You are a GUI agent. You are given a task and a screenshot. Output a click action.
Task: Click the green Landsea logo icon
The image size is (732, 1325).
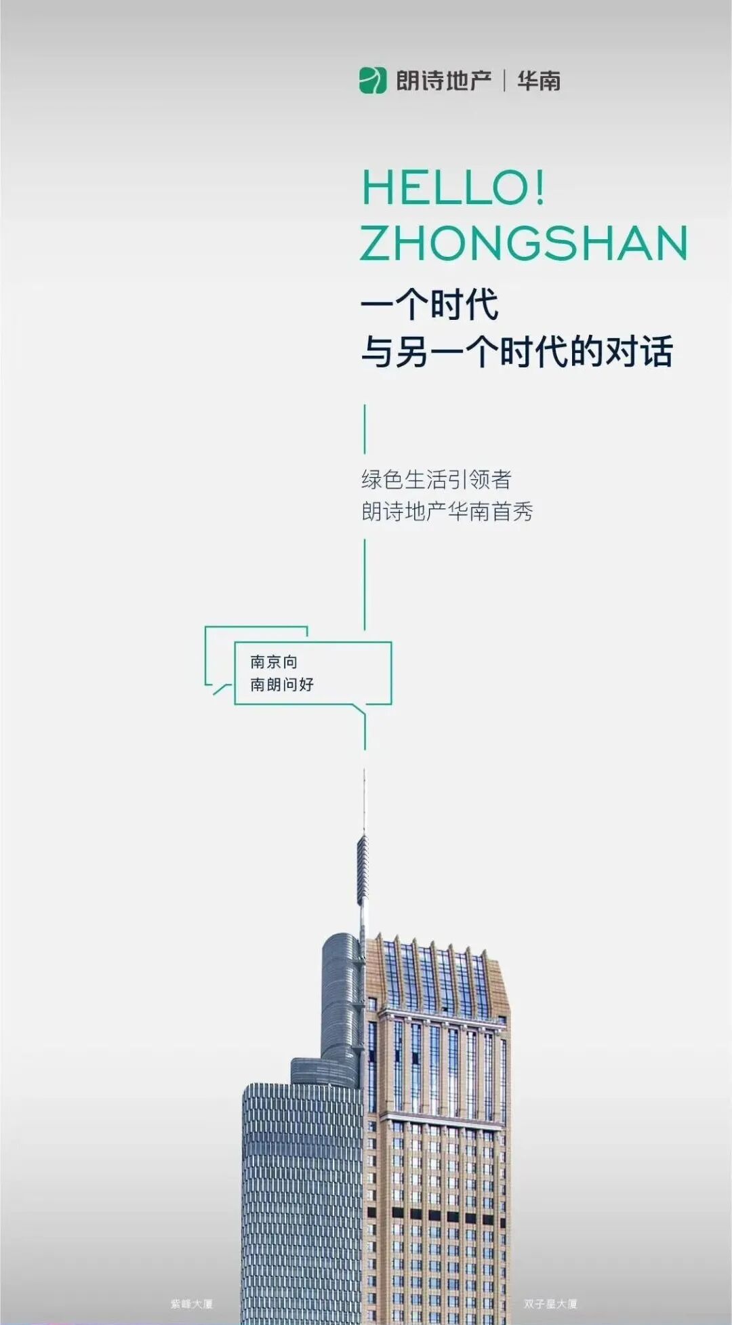coord(372,81)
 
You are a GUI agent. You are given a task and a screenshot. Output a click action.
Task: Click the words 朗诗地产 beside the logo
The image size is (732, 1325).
coord(444,81)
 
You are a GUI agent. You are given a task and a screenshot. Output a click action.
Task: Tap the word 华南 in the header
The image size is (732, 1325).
coord(539,81)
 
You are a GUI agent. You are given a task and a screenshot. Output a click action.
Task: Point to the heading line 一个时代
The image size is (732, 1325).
coord(430,304)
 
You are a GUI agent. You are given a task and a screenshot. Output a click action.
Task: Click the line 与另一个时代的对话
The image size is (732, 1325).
coord(516,351)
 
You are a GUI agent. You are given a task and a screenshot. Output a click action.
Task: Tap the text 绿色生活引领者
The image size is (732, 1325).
coord(436,480)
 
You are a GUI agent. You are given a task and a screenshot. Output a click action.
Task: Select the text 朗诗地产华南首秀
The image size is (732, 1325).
coord(447,511)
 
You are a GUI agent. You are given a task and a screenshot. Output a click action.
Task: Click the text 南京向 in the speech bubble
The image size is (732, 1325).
coord(274,661)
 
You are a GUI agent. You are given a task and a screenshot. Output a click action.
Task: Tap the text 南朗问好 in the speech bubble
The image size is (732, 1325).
coord(282,684)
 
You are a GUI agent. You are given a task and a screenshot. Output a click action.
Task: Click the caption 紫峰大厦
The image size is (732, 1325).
coord(192,1303)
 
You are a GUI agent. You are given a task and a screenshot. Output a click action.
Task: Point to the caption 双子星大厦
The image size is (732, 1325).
coord(550,1303)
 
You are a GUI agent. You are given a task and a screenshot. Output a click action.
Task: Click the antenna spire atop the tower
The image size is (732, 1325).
coord(363,868)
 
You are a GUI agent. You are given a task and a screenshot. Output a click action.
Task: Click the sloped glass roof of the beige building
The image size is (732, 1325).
coord(437,976)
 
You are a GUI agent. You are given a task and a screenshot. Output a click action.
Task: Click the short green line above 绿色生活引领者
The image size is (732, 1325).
coord(365,429)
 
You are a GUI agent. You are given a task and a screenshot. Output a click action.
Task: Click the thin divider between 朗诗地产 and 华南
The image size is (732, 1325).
coord(504,81)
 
